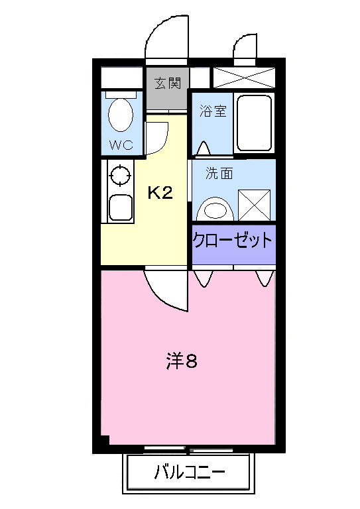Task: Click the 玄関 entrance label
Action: point(167,84)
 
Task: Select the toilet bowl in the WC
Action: point(120,114)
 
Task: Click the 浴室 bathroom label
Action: point(213,111)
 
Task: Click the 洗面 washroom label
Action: point(219,174)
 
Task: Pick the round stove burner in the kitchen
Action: point(119,176)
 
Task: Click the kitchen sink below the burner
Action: point(120,208)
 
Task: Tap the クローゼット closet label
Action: point(233,239)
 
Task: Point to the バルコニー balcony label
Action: point(190,473)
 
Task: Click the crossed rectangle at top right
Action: point(243,76)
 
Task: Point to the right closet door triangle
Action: point(263,277)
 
